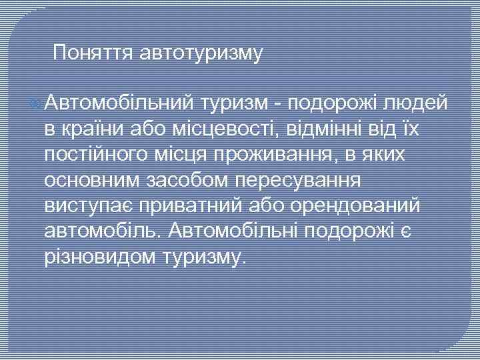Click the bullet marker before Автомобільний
point(36,104)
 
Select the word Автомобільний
point(120,103)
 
